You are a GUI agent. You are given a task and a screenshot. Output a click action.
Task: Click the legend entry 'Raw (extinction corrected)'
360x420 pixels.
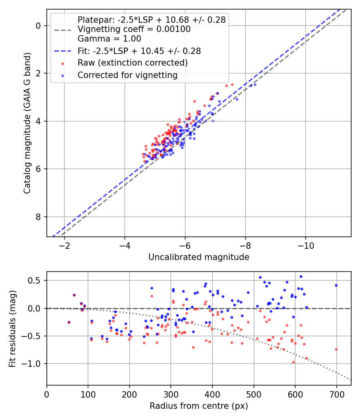coord(132,63)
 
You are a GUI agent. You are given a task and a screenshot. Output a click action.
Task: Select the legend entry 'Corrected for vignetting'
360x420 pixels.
coord(127,75)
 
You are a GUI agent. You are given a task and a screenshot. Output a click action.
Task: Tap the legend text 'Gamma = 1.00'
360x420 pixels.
coord(109,39)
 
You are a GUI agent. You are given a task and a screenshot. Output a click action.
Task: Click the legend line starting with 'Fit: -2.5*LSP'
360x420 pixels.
coord(139,51)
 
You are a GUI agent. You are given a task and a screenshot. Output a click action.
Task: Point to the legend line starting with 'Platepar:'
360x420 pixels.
coord(151,19)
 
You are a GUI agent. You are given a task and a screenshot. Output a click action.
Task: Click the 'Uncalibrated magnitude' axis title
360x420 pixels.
coord(199,257)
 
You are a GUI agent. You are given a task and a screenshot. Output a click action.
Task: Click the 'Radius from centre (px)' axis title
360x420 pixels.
coord(199,406)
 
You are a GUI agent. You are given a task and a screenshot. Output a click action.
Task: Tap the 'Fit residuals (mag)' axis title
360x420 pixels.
coord(12,328)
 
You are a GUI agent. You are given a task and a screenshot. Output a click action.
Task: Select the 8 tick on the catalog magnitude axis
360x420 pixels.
coord(38,217)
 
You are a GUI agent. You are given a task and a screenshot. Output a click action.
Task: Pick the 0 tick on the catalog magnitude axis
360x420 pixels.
coord(38,26)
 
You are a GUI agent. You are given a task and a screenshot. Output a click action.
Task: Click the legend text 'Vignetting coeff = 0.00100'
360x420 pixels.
coord(134,29)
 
